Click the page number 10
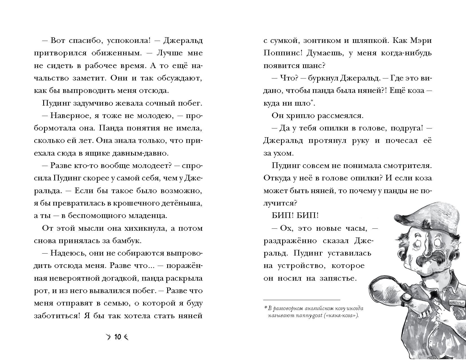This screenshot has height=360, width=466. (x=117, y=337)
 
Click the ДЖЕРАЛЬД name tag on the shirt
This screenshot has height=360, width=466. (x=456, y=302)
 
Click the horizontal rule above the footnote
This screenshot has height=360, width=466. (x=302, y=300)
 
